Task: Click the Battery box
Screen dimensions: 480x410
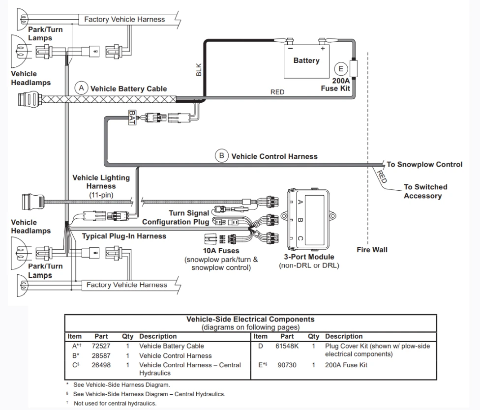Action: [x=306, y=61]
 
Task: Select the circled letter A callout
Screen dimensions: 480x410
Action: [x=81, y=88]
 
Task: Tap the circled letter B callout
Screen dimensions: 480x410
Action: [x=222, y=156]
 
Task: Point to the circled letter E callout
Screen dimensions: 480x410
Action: [x=341, y=69]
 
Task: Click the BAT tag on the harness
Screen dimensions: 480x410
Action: [x=132, y=117]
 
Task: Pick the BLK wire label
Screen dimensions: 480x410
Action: [x=199, y=69]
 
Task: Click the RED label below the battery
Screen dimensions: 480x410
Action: [x=277, y=92]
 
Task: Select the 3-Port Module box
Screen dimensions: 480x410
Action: [x=308, y=219]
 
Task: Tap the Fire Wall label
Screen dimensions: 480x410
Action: [x=372, y=250]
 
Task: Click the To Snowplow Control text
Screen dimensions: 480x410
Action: [x=424, y=164]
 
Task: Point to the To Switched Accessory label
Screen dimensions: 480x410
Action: [x=425, y=191]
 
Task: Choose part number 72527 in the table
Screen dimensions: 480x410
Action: [x=101, y=346]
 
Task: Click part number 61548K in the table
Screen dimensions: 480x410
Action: [x=287, y=346]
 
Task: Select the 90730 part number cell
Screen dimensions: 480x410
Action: [x=287, y=365]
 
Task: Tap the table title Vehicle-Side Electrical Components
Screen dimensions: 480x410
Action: [x=250, y=319]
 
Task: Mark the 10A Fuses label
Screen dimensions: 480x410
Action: [x=221, y=251]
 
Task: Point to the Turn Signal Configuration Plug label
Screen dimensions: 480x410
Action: [x=176, y=217]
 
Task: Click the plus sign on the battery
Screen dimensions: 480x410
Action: [x=323, y=48]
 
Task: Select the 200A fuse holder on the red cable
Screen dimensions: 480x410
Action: [x=354, y=68]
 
